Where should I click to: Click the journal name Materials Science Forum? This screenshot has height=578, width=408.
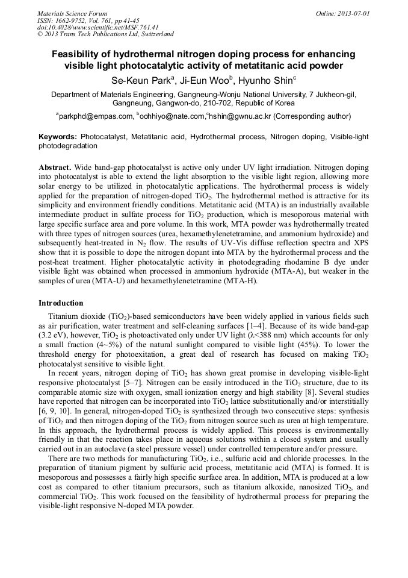72,13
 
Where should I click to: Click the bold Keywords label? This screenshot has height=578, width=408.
58,137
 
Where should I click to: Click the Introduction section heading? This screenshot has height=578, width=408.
61,303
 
